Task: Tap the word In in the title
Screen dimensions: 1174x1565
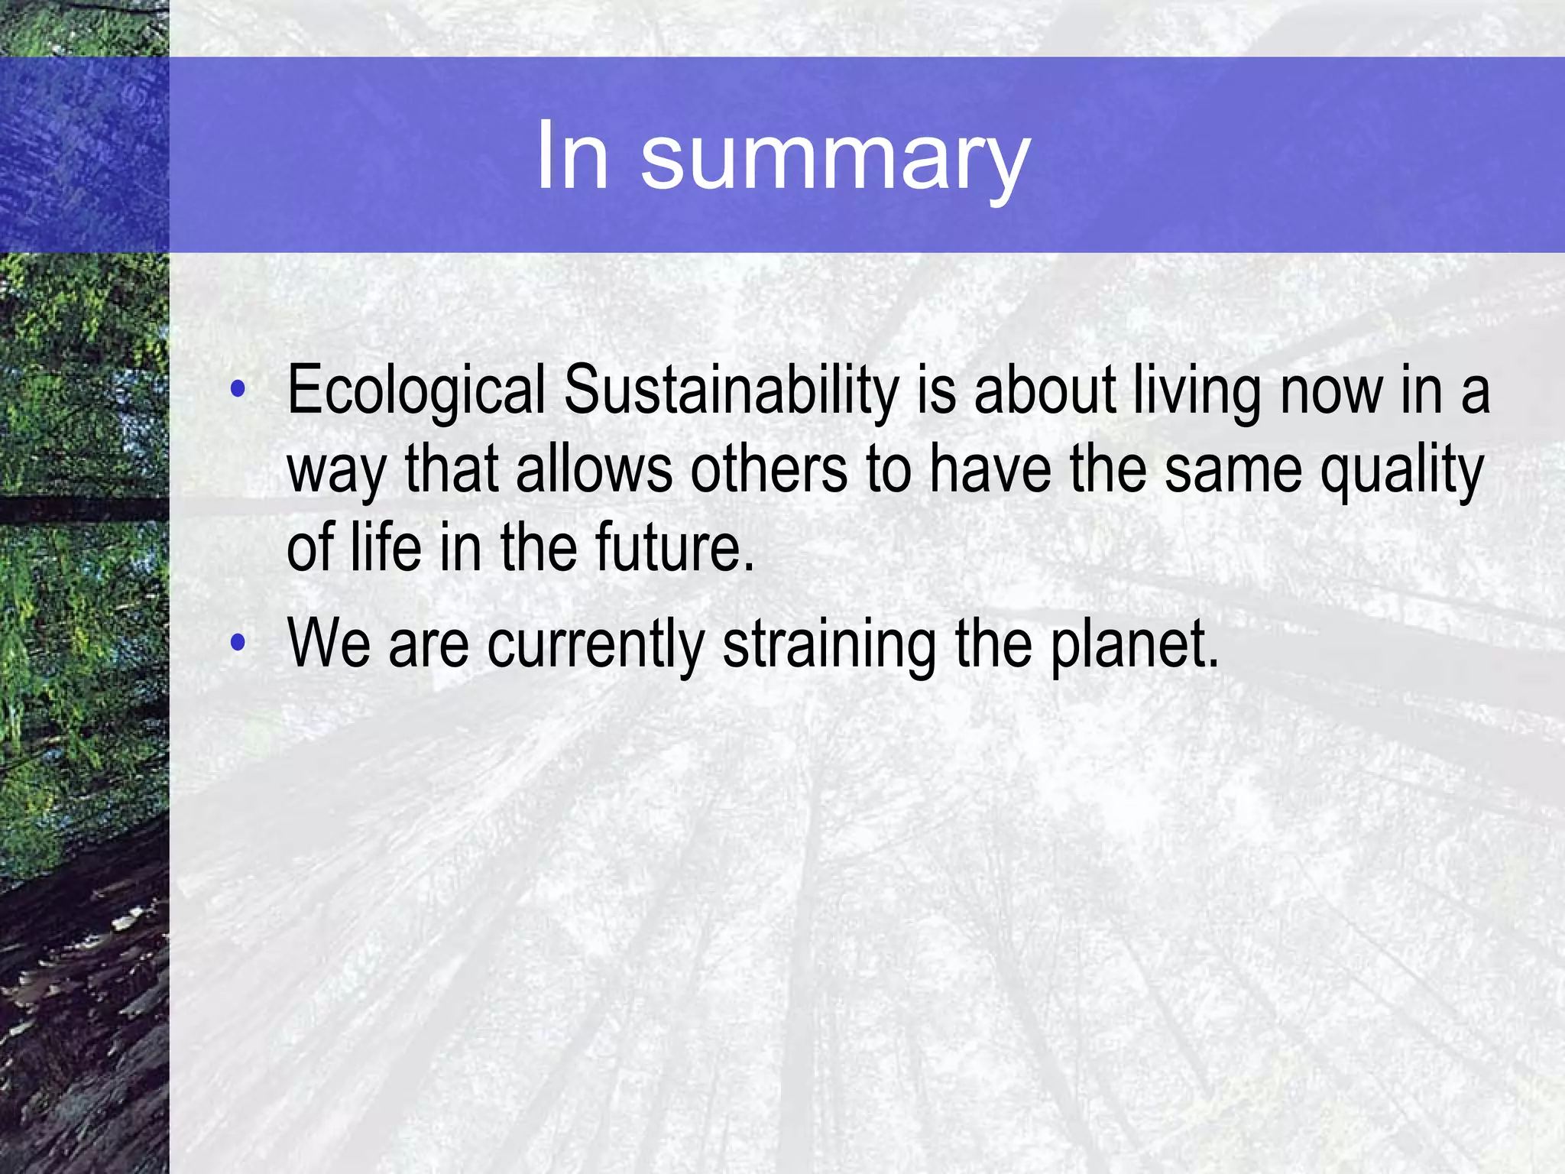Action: click(572, 157)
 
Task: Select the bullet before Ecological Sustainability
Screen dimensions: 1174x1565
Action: click(238, 389)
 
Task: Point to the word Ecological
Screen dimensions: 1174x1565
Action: click(416, 392)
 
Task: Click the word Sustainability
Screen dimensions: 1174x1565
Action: click(731, 392)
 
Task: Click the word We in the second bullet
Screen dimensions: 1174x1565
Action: click(329, 644)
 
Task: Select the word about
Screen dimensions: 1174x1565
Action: click(1045, 392)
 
